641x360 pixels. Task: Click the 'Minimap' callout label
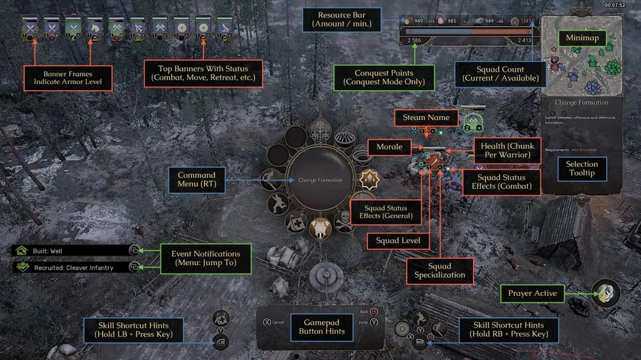pos(581,38)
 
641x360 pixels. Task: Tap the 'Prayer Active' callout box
pos(532,293)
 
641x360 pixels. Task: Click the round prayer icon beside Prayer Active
pos(606,293)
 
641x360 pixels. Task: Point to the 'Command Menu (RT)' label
pos(196,180)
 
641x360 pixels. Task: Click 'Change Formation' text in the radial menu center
pos(320,180)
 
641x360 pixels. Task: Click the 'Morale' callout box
pos(389,147)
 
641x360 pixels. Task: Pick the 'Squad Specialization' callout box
pos(440,270)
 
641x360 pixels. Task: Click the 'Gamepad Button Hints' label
pos(321,327)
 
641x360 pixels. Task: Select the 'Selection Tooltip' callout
pos(581,168)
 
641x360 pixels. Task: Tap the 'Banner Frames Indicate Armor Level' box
pos(63,78)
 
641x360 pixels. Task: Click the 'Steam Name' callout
pos(426,118)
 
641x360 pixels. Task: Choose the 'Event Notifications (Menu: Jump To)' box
pos(206,258)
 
